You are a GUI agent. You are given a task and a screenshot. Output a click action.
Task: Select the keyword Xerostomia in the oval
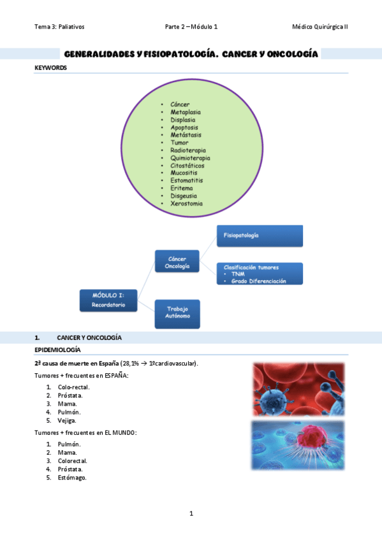click(x=186, y=203)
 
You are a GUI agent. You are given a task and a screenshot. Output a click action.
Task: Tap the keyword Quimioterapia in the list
click(x=190, y=157)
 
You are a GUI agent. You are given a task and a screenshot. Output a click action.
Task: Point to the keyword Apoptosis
click(x=184, y=127)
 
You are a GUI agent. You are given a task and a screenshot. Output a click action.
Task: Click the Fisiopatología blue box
click(x=259, y=236)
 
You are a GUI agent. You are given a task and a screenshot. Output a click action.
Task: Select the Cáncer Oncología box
click(x=177, y=262)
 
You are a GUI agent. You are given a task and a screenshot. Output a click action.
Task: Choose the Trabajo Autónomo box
click(x=177, y=313)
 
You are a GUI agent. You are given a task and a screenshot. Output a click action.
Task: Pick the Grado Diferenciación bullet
click(x=258, y=281)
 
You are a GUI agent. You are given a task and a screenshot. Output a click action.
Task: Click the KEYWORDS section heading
click(x=50, y=67)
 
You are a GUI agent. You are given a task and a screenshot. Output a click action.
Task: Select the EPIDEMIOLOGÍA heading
click(x=57, y=350)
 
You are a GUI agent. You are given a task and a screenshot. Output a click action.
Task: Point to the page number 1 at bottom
click(x=191, y=513)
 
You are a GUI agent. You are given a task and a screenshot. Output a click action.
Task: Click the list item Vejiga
click(x=67, y=420)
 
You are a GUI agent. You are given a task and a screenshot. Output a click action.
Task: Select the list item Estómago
click(x=71, y=478)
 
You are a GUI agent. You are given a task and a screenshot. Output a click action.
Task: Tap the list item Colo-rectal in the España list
click(x=73, y=387)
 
